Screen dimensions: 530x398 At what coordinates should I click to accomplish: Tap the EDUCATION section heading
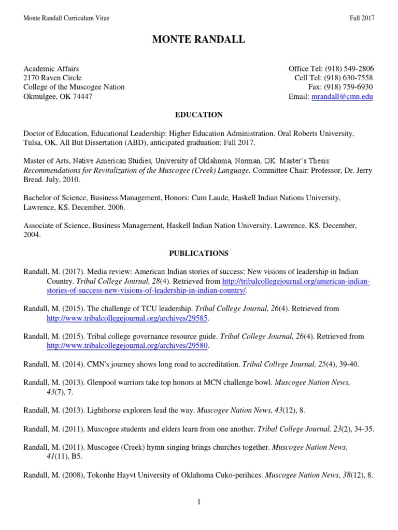199,115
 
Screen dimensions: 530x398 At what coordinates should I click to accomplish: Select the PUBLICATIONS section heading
199,254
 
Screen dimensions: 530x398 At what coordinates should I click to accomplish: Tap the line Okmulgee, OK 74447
58,97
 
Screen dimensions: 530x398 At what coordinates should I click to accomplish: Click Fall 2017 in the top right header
362,19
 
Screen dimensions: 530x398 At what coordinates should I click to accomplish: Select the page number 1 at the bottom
199,502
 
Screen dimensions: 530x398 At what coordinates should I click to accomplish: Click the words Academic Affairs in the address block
51,69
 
